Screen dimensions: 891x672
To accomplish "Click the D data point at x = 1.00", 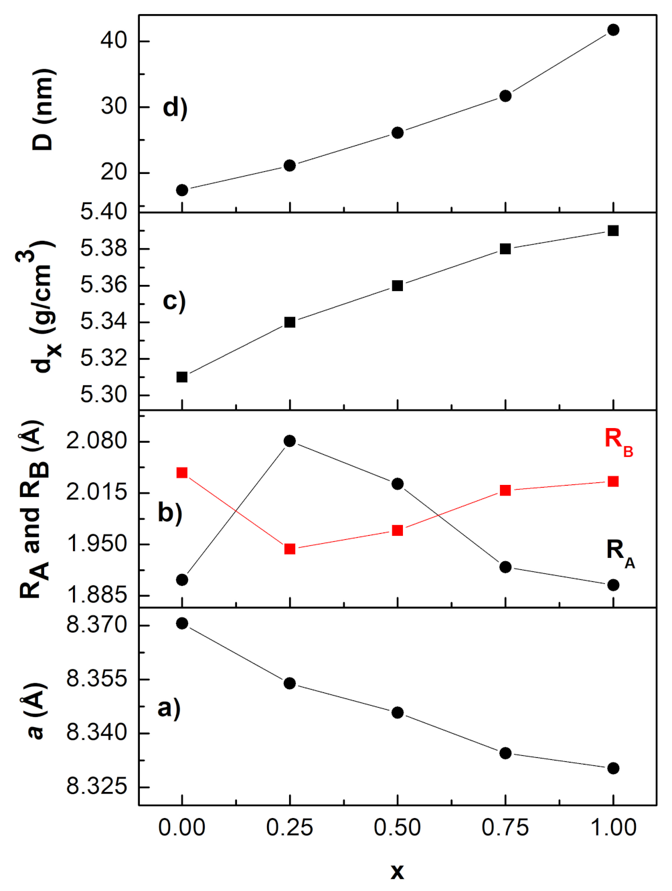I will (613, 30).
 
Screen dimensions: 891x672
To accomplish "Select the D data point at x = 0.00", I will (182, 191).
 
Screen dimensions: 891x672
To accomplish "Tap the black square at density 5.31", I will (182, 377).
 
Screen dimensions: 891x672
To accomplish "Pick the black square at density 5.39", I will (613, 231).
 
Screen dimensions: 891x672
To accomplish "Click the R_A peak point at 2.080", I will (290, 441).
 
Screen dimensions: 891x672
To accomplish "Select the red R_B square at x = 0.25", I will (290, 549).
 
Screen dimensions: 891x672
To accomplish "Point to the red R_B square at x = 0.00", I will (182, 473).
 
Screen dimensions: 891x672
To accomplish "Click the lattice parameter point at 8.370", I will (182, 623).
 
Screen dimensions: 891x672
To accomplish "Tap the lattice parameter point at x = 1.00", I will (613, 768).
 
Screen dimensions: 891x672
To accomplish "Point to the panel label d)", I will (175, 108).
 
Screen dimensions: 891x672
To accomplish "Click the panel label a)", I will (169, 707).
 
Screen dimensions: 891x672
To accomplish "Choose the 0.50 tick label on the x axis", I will (398, 827).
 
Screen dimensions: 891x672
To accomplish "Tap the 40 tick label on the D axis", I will (114, 41).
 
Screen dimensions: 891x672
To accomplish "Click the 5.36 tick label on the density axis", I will (104, 286).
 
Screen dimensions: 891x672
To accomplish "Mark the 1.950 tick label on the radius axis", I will (96, 544).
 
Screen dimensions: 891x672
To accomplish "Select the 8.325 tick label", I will (96, 786).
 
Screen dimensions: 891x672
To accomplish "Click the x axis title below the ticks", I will (398, 872).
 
